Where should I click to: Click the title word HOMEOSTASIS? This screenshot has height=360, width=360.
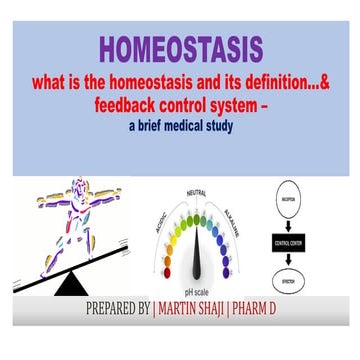(x=181, y=48)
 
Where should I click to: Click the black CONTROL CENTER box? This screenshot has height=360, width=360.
(x=304, y=244)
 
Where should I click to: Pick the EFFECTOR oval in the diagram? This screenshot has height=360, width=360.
(x=304, y=289)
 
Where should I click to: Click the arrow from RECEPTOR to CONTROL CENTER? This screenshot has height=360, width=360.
(x=304, y=222)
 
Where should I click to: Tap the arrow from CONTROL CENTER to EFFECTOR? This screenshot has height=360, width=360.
(x=304, y=265)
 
